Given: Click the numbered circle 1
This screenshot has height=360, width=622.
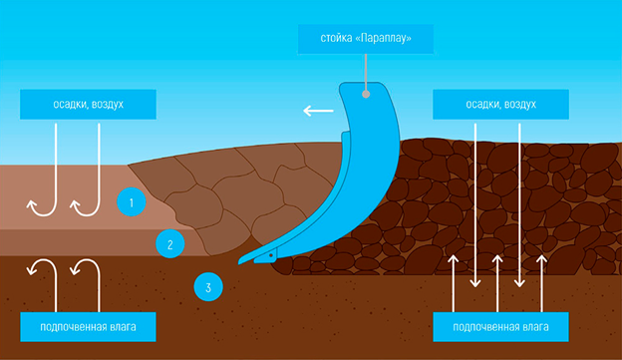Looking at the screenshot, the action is [x=132, y=202].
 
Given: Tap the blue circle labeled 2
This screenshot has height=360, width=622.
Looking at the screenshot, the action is [x=170, y=243].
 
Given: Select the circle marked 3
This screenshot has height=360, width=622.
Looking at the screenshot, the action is [x=208, y=287].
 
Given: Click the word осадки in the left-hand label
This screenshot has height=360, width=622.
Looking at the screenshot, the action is [x=71, y=105].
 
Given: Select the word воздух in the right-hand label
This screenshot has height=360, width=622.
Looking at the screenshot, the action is [x=519, y=105].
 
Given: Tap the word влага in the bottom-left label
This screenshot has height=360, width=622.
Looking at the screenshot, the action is [x=123, y=327].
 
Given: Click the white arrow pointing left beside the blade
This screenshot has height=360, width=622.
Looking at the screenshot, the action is [x=318, y=111].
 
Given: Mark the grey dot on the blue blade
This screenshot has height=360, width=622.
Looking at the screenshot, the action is [x=366, y=94].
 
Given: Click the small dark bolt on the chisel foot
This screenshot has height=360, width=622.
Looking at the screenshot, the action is [x=271, y=255].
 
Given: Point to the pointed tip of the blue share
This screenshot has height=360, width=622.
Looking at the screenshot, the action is [x=239, y=262].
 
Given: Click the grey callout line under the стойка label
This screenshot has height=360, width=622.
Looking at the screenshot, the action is [x=366, y=72].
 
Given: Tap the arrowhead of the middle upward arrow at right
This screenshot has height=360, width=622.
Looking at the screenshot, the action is [x=497, y=258].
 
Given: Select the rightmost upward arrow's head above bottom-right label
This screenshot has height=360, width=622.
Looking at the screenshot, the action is [x=542, y=258].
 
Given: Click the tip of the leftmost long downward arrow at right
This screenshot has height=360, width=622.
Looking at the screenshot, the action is [x=475, y=286].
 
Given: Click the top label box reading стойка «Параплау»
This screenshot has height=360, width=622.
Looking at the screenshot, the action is [x=366, y=39].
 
